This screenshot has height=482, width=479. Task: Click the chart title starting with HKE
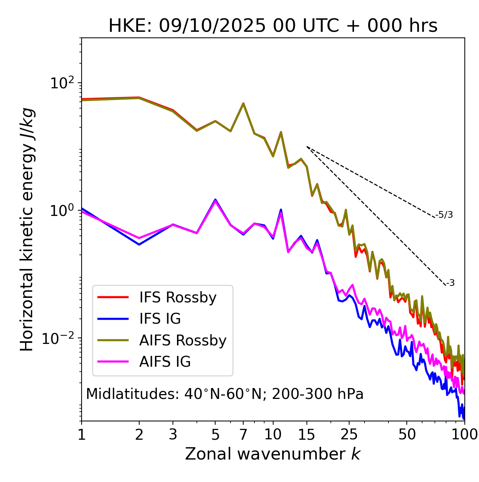point(273,26)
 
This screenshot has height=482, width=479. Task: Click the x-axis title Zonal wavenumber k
point(272,454)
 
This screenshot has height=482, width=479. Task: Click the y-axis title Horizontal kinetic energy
point(27,229)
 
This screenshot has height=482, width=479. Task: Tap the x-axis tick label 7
point(243,434)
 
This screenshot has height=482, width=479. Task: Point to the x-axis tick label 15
point(307,434)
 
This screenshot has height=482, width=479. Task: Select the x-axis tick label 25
point(349,434)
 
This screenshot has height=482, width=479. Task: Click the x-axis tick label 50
point(407,434)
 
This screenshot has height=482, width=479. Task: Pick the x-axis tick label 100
point(464,434)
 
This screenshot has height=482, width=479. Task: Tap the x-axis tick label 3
point(173,434)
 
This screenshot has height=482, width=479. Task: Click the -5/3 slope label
point(444,215)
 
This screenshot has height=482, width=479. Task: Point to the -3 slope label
point(450,283)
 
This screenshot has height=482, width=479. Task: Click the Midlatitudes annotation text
point(225,394)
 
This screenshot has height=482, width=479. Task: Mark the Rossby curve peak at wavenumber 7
point(243,104)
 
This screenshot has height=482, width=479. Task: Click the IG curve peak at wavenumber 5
point(215,200)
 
